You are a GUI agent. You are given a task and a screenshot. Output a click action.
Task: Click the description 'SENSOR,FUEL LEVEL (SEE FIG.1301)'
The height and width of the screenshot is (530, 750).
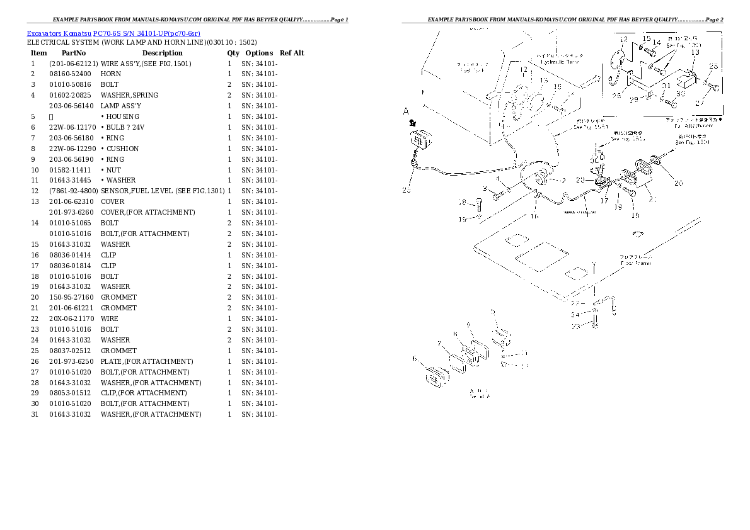point(162,191)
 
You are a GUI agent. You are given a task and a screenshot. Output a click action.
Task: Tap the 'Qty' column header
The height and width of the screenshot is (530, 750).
point(233,54)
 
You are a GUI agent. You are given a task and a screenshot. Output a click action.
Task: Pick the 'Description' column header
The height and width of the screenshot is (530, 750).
point(162,54)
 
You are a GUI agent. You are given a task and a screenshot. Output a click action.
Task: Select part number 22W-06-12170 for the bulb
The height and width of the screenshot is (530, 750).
point(72,127)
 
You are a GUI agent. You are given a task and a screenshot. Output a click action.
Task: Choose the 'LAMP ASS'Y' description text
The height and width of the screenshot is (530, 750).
point(121,106)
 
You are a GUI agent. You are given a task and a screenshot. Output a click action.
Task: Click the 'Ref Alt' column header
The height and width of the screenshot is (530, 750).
point(292,54)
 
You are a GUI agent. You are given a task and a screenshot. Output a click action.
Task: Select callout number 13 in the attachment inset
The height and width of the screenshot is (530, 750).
point(695,53)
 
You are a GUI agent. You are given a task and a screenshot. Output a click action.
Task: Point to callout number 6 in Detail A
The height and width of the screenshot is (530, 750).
point(415,359)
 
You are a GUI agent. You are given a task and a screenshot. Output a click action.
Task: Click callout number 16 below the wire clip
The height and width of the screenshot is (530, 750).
point(534,217)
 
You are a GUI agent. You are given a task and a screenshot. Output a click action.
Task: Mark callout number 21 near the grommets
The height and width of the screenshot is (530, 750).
point(652,200)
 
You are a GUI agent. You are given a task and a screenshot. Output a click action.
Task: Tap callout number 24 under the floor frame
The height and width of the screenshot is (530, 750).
point(575,315)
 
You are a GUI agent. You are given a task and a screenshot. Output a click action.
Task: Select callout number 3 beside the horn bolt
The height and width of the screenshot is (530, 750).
point(485,188)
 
